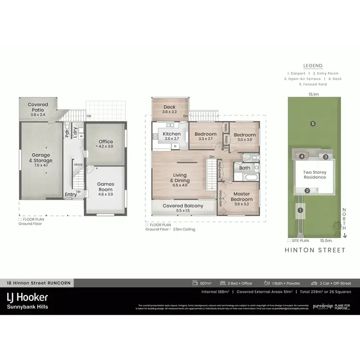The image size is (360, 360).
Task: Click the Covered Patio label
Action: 38,107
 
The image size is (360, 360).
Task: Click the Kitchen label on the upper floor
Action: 172,136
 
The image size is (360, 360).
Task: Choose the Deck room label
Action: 169,109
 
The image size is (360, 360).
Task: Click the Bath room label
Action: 245,168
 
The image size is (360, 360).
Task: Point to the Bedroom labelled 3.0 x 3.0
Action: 245,137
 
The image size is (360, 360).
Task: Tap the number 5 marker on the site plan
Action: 312,124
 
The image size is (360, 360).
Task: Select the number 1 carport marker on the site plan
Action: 300,210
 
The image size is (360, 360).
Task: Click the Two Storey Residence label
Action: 314,174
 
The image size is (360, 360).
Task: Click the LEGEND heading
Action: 312,66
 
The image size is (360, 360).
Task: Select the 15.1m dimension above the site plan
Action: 314,95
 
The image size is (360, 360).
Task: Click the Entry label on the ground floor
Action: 71,194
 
